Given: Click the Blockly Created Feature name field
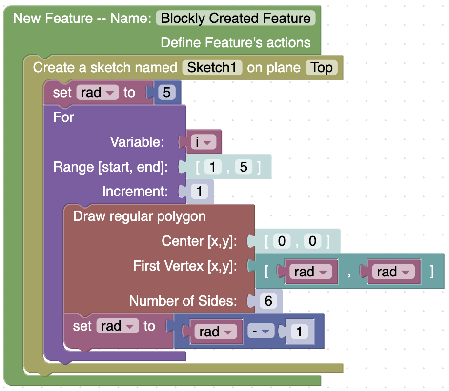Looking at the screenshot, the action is (x=236, y=19).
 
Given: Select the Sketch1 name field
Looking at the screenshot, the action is (x=212, y=67).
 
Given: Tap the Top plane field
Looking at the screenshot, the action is (x=322, y=67).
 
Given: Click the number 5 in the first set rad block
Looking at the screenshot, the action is (x=166, y=92).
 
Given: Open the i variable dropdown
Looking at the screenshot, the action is (x=204, y=142).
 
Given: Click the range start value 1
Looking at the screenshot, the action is (x=213, y=167).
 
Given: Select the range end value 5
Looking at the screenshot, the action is (x=244, y=167).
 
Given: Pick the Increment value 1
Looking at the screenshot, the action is (x=199, y=191).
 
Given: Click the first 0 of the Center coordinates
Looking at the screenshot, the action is (x=282, y=241).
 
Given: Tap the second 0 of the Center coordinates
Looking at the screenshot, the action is (x=312, y=241).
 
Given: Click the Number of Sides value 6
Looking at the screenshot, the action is (x=268, y=301).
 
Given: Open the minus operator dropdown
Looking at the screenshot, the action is (x=261, y=331).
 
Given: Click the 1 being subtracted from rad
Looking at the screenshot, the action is (x=299, y=332).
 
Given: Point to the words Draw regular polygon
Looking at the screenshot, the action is (x=139, y=216).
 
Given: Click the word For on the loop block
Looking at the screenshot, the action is (x=63, y=117).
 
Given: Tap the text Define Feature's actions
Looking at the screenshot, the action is (x=235, y=42).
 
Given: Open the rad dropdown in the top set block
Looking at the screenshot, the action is (x=97, y=92).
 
